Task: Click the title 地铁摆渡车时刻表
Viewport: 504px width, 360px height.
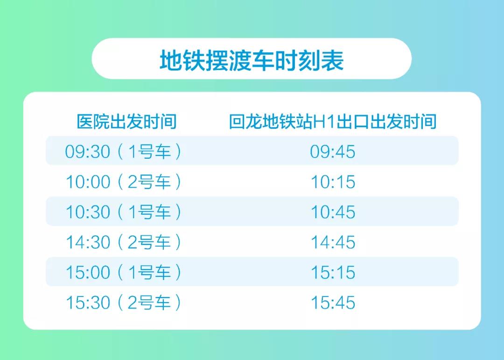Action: tap(252, 60)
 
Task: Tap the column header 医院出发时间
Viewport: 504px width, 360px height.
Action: tap(126, 121)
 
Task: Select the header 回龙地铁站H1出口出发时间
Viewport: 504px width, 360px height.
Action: tap(333, 121)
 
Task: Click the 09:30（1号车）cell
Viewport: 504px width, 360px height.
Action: tap(123, 152)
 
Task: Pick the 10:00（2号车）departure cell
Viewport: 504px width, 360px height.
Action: tap(123, 182)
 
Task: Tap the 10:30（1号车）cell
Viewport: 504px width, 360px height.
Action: tap(123, 212)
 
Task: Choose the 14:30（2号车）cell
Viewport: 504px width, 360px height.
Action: tap(123, 242)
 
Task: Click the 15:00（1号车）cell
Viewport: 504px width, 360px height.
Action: tap(123, 273)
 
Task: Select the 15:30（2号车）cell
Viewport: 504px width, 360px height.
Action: tap(123, 303)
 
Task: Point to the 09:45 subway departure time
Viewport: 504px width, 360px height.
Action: tap(333, 152)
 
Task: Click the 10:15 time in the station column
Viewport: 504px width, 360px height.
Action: tap(333, 182)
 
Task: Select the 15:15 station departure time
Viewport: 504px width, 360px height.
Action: tap(333, 273)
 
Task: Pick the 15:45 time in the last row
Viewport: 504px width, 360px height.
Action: tap(333, 303)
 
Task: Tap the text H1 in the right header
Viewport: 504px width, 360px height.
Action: tap(324, 122)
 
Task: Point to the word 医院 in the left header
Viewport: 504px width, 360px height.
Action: tap(93, 121)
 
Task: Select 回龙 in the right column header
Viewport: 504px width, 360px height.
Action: tap(245, 121)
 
